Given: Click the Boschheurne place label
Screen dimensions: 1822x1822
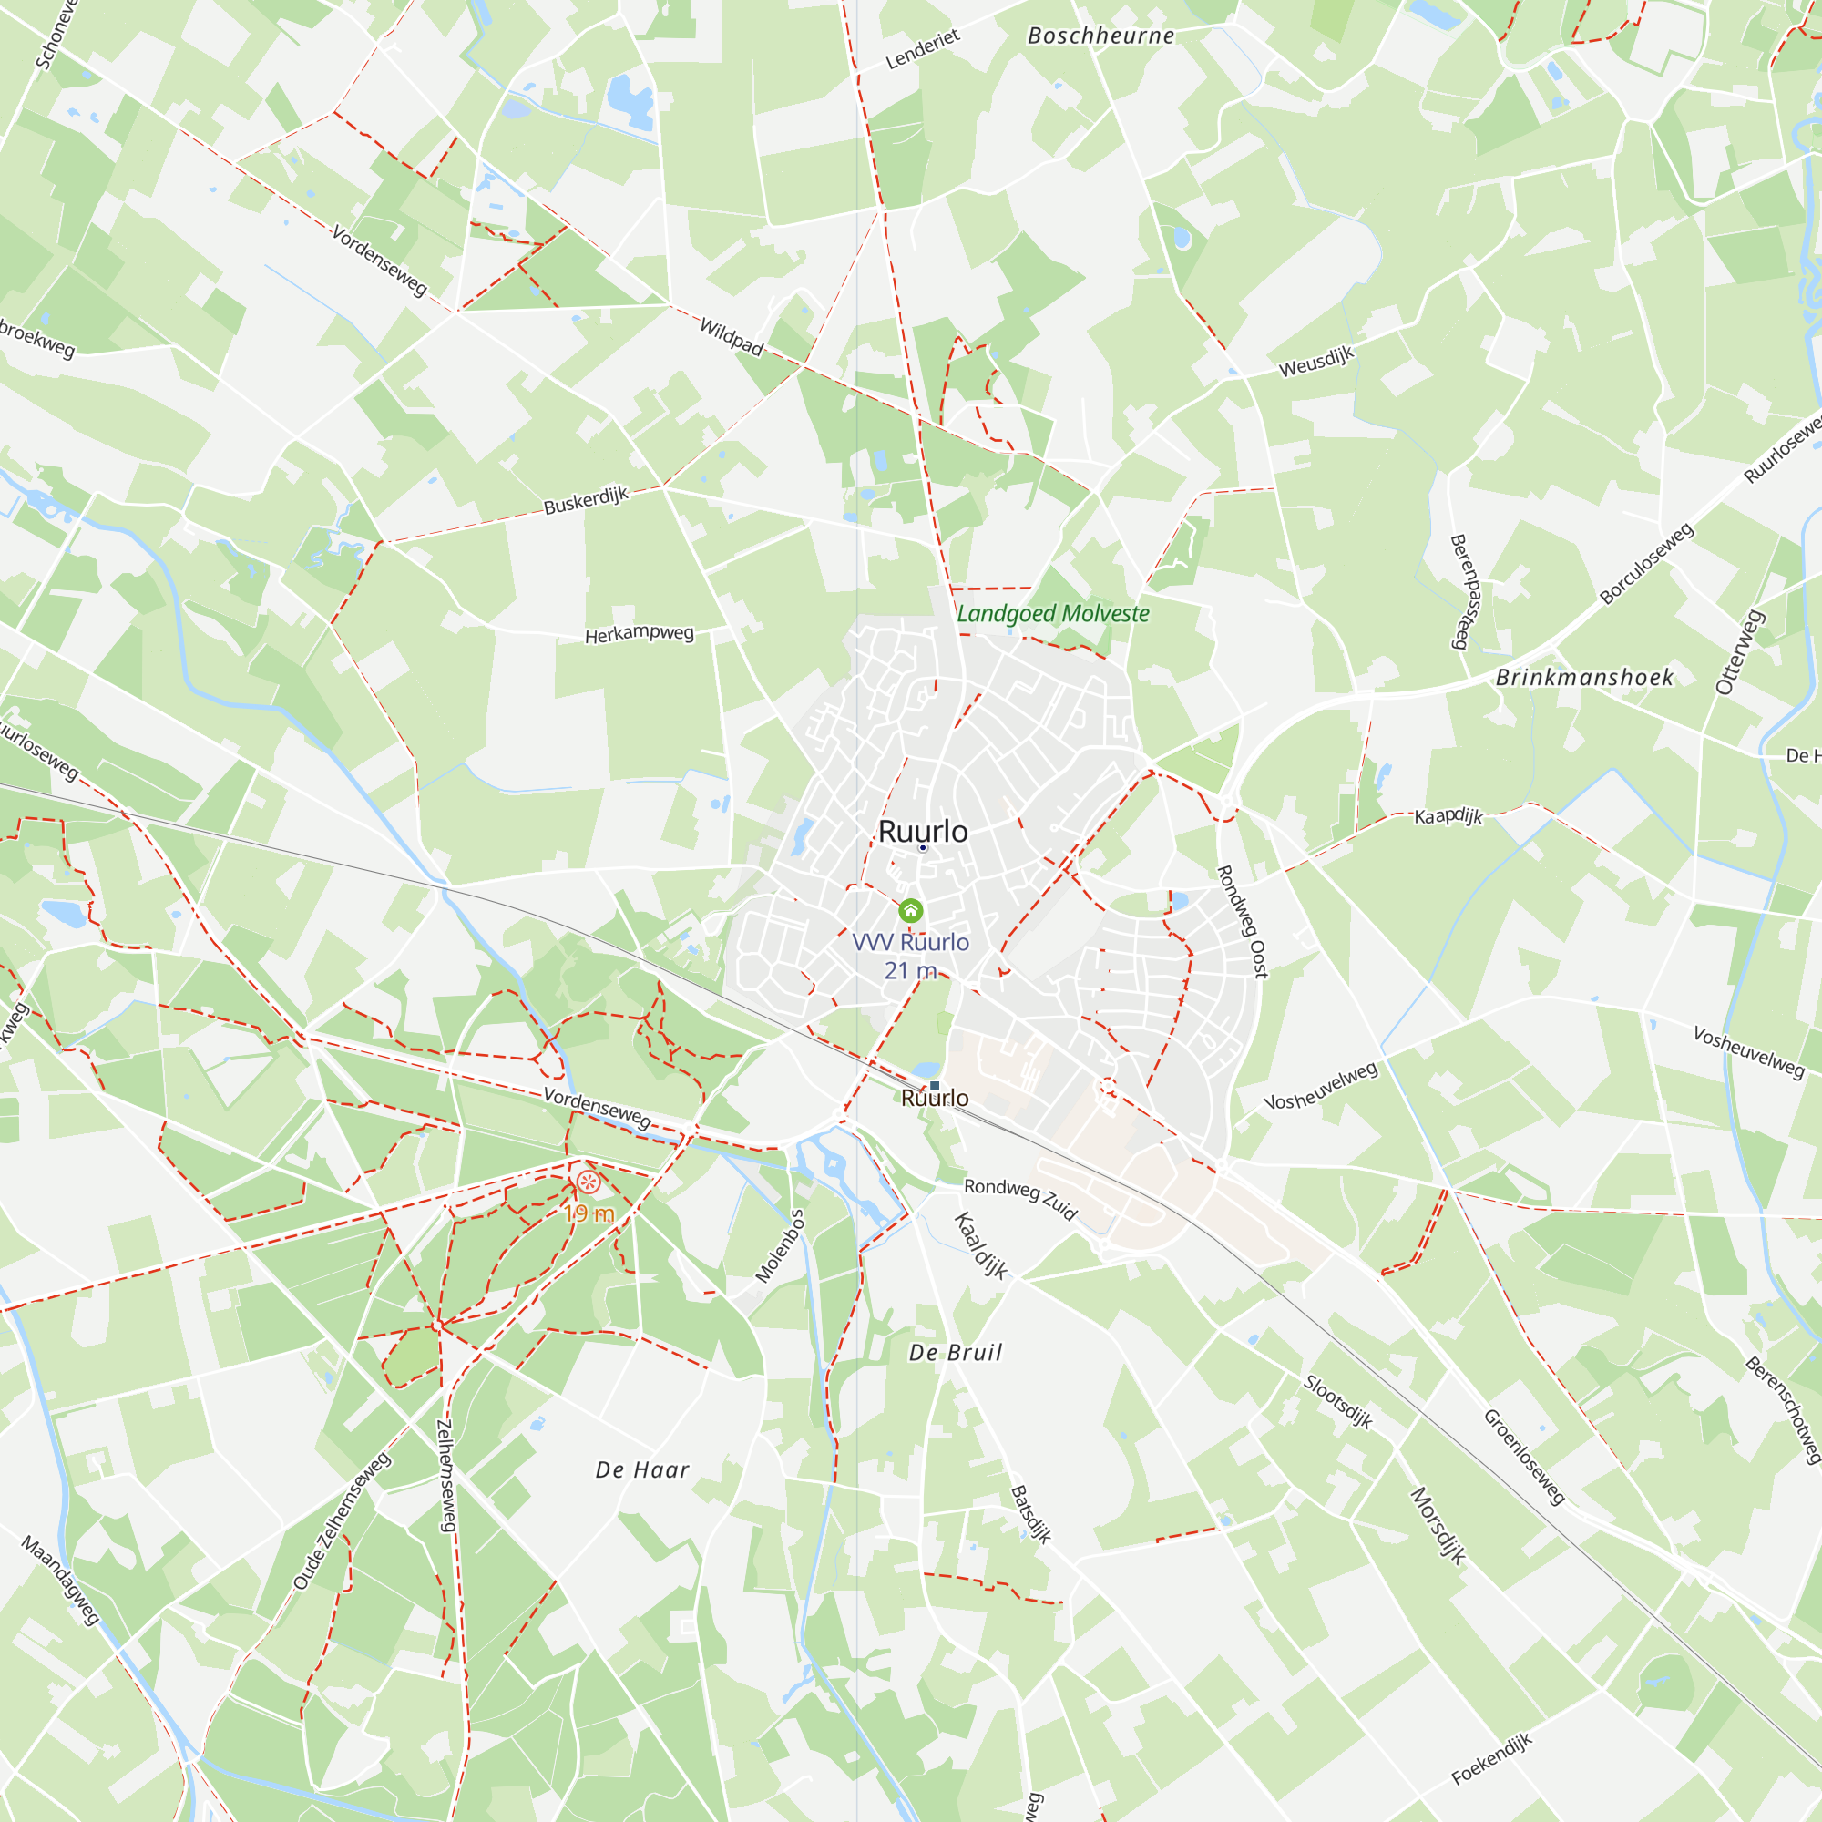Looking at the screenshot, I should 1100,36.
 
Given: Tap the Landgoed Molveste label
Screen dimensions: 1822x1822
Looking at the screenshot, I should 1052,614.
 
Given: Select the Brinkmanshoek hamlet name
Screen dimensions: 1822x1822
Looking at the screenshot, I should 1584,677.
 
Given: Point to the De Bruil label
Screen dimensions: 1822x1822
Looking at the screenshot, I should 955,1352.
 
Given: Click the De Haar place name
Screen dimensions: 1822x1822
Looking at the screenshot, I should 642,1469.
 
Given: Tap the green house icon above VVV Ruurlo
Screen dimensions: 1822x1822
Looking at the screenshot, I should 910,910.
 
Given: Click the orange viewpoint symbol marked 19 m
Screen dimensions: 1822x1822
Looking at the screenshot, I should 588,1182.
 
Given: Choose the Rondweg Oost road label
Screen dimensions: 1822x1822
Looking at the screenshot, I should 1242,921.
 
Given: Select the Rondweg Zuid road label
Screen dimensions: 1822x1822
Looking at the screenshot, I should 1020,1198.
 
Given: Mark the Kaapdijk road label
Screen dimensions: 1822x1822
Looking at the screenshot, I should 1448,815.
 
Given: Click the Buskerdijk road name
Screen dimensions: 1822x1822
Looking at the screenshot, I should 586,500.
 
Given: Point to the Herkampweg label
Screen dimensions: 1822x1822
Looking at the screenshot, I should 639,634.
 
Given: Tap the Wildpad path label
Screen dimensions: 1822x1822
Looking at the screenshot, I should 731,337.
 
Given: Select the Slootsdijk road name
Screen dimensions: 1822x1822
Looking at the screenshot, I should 1337,1401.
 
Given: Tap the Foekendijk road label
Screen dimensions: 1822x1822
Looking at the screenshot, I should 1491,1759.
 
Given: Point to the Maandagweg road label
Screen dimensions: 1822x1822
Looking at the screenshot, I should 60,1580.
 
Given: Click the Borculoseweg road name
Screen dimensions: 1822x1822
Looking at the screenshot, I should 1646,563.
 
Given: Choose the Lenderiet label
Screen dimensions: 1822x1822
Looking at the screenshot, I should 922,49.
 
